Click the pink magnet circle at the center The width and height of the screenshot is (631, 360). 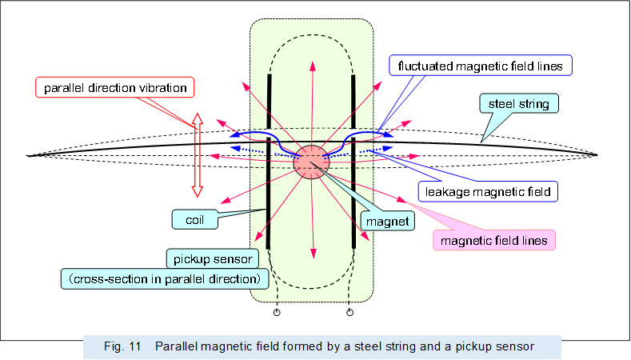click(311, 162)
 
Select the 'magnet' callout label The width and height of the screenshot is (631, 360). click(388, 219)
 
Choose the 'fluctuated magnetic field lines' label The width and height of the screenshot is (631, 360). click(480, 65)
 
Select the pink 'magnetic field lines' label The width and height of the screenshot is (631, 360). click(493, 238)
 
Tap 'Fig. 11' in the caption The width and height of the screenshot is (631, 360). click(122, 346)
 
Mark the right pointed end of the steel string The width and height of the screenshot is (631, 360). click(596, 154)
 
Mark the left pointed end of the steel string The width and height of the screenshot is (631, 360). click(29, 154)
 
